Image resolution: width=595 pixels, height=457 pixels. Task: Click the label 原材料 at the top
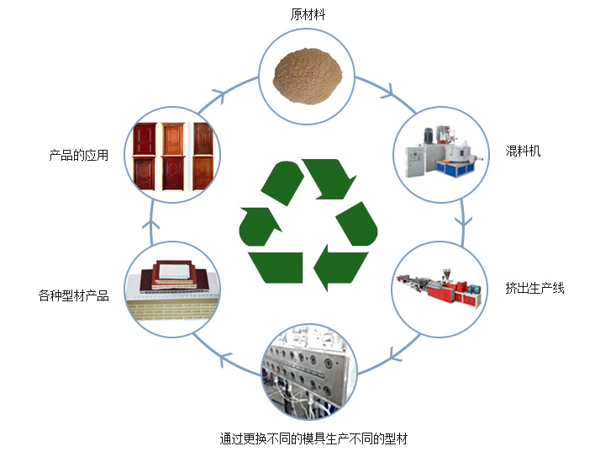[x=308, y=14]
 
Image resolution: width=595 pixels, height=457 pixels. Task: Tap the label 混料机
[x=523, y=151]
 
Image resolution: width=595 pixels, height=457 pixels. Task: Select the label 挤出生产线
[x=534, y=289]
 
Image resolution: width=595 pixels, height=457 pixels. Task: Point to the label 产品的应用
[x=79, y=156]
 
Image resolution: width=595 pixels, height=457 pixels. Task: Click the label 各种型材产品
[x=74, y=295]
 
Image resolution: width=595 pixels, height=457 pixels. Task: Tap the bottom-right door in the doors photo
[x=203, y=171]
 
